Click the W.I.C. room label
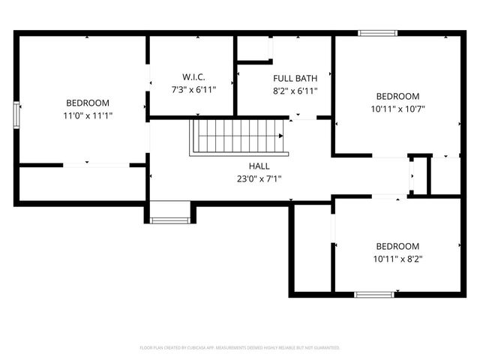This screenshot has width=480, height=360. (x=193, y=77)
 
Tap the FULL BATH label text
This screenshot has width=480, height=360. (x=295, y=78)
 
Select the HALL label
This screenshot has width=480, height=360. (x=259, y=166)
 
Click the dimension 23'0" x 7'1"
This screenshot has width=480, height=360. (x=259, y=178)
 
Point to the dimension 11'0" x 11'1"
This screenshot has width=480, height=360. (x=88, y=115)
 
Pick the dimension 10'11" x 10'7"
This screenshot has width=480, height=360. (x=397, y=109)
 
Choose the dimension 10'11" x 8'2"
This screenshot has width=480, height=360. (x=397, y=259)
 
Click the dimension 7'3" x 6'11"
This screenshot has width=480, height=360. (x=193, y=90)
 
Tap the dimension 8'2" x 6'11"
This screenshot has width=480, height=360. (x=295, y=91)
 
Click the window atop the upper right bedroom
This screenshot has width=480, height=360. (x=376, y=33)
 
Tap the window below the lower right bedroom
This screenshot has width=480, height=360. (x=374, y=294)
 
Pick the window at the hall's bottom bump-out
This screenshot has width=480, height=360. (x=170, y=220)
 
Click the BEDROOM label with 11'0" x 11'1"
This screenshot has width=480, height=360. (x=88, y=103)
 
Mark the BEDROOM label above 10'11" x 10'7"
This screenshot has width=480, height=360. (x=397, y=97)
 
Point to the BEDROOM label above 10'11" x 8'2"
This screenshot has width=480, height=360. (x=397, y=247)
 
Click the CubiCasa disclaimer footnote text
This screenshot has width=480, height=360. (x=240, y=348)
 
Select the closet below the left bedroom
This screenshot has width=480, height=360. (x=81, y=183)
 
